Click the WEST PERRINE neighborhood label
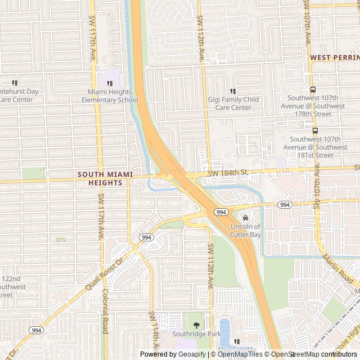334,57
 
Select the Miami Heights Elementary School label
110,96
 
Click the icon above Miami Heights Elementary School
110,83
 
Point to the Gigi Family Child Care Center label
233,103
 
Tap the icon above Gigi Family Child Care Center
233,91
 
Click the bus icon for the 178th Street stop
314,89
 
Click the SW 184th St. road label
228,172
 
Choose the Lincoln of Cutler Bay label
245,231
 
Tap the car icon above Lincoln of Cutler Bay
245,218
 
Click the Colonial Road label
105,311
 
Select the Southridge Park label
196,333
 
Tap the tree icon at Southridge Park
196,325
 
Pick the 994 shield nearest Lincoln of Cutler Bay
221,212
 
